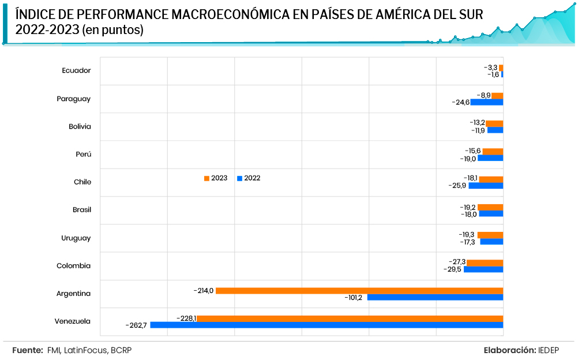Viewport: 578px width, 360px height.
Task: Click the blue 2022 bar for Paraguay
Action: click(487, 102)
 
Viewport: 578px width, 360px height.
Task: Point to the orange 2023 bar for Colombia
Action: click(485, 262)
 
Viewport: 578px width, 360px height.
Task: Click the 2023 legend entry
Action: click(216, 178)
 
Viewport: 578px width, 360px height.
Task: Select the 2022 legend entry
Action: click(249, 178)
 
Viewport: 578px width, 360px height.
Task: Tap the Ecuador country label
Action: click(76, 70)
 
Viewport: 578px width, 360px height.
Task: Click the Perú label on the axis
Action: click(83, 155)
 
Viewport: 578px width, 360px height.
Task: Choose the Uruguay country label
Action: click(76, 238)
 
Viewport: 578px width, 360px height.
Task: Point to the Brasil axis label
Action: click(81, 210)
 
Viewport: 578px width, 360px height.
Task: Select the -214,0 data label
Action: click(204, 290)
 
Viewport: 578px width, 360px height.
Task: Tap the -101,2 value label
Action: click(355, 298)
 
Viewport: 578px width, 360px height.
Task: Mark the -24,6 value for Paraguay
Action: click(460, 103)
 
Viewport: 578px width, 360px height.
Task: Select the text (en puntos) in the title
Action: click(112, 29)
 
